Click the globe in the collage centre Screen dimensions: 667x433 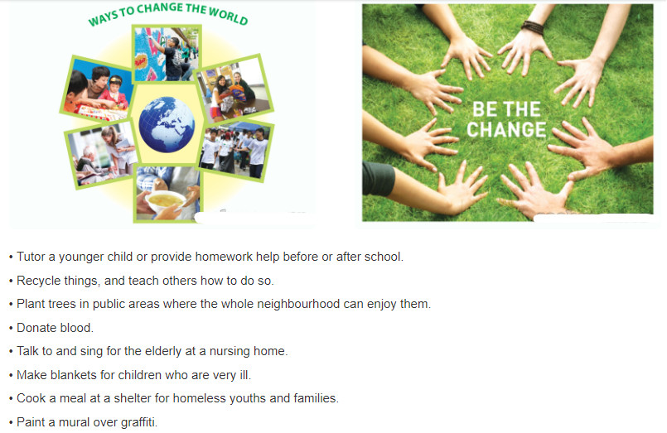tap(167, 124)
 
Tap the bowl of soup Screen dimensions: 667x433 tap(165, 200)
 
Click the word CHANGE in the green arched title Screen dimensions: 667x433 tap(160, 9)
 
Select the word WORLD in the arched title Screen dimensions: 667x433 tap(228, 16)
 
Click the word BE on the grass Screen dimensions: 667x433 tap(485, 109)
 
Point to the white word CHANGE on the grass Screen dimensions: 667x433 tap(506, 129)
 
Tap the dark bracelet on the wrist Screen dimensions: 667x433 tap(533, 27)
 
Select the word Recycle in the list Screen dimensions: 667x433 tap(38, 281)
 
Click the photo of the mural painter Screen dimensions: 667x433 tap(167, 54)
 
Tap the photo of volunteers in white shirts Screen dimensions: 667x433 tap(236, 151)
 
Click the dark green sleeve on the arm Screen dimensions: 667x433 tap(378, 179)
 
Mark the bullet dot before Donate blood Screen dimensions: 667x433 tap(11, 329)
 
